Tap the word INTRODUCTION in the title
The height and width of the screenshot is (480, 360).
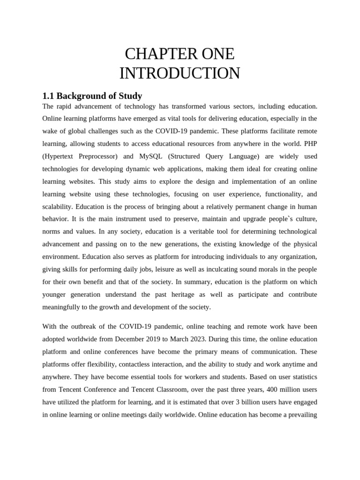pyautogui.click(x=180, y=74)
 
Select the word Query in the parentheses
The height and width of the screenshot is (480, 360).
pyautogui.click(x=224, y=157)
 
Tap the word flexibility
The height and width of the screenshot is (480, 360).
pyautogui.click(x=101, y=364)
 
